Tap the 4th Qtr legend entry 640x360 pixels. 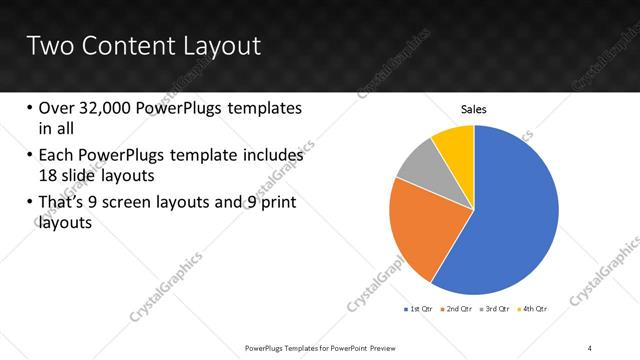point(533,309)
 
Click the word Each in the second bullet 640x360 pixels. point(57,156)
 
